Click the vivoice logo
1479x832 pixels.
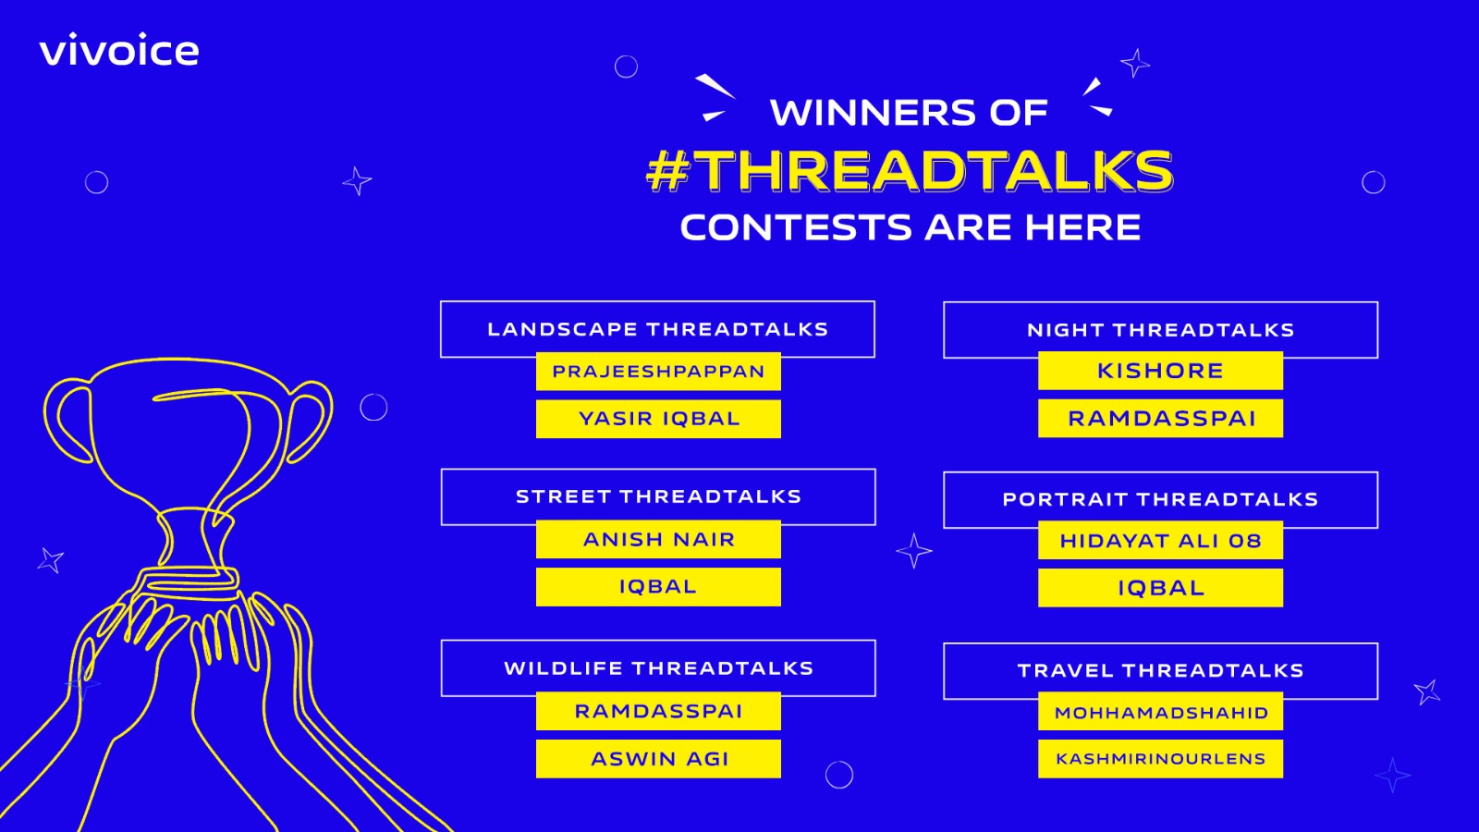click(x=119, y=50)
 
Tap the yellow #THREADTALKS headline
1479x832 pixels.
click(x=910, y=170)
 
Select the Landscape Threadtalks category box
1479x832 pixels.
click(x=657, y=329)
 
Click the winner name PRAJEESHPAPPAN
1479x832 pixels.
click(x=658, y=372)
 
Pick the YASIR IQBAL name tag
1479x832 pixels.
click(x=658, y=419)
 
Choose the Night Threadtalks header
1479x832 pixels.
click(x=1161, y=330)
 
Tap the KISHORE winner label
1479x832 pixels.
click(x=1161, y=371)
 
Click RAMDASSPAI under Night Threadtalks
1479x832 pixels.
click(x=1161, y=419)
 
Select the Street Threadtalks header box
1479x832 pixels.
click(x=658, y=497)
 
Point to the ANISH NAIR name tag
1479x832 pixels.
click(x=658, y=540)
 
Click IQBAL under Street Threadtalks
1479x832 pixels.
click(x=658, y=587)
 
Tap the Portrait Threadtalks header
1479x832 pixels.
click(x=1161, y=500)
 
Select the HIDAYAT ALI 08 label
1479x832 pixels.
click(x=1161, y=541)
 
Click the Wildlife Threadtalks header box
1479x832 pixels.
click(x=658, y=668)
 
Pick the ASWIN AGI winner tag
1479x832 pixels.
click(x=658, y=759)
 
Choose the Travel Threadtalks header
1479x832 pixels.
click(x=1161, y=671)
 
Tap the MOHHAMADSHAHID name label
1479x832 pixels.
click(x=1161, y=712)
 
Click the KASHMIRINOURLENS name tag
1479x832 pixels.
click(x=1161, y=759)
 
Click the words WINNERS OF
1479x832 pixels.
click(x=909, y=112)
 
